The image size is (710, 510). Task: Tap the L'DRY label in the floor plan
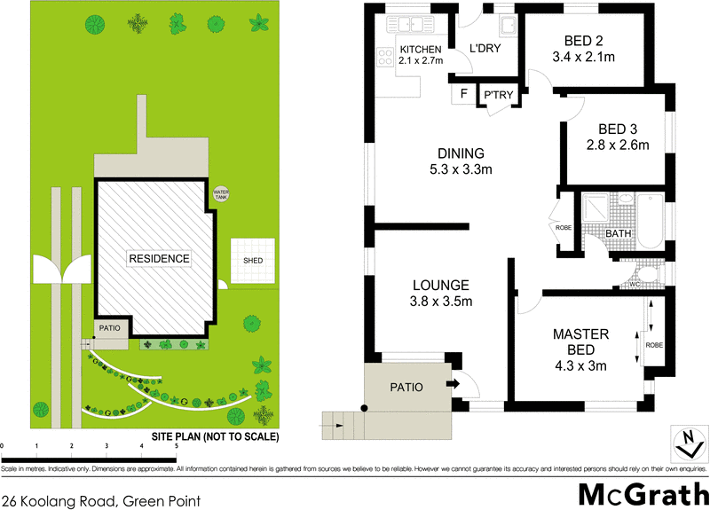[485, 48]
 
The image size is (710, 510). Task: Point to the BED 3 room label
[618, 129]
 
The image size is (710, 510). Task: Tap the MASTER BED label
[580, 341]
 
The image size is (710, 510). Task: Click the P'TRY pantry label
[495, 95]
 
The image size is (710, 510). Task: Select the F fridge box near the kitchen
[462, 93]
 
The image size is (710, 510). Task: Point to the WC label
[634, 284]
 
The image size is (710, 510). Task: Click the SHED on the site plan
[253, 261]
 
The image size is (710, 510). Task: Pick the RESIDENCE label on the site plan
[159, 259]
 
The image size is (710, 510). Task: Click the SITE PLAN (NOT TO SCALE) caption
[215, 437]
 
